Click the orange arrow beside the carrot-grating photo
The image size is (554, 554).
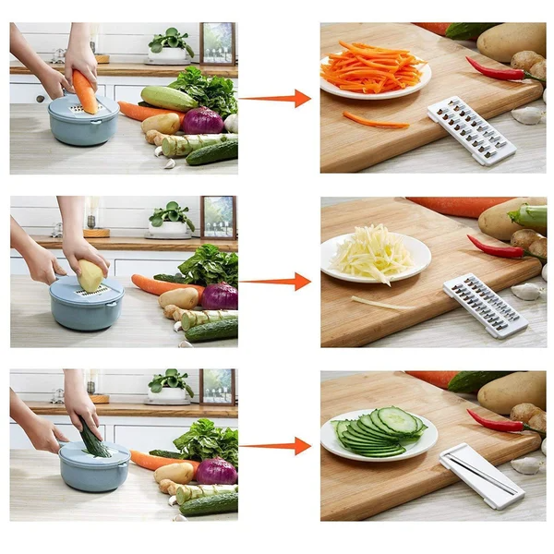coord(277,98)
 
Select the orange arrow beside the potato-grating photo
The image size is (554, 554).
coord(277,282)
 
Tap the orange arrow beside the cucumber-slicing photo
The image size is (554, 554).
coord(277,446)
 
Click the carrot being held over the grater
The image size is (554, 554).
coord(84,91)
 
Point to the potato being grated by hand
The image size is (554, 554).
coord(90,275)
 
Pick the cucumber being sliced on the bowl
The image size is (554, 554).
coord(92,438)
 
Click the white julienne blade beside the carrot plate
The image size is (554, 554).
coord(470,130)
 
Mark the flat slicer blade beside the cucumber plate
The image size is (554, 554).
coord(481,475)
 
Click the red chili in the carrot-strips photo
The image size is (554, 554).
coord(494,69)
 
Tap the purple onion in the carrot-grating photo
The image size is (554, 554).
coord(202,121)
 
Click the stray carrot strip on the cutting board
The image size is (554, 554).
coord(374,120)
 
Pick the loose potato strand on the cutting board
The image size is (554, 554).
coord(380,303)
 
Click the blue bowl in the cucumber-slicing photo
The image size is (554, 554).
coord(94,467)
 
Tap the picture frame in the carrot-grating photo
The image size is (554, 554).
coord(218,42)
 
